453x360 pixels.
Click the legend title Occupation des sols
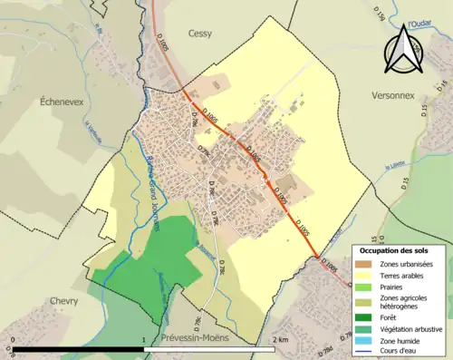pyautogui.click(x=395, y=250)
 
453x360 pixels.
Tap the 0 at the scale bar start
pyautogui.click(x=13, y=340)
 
